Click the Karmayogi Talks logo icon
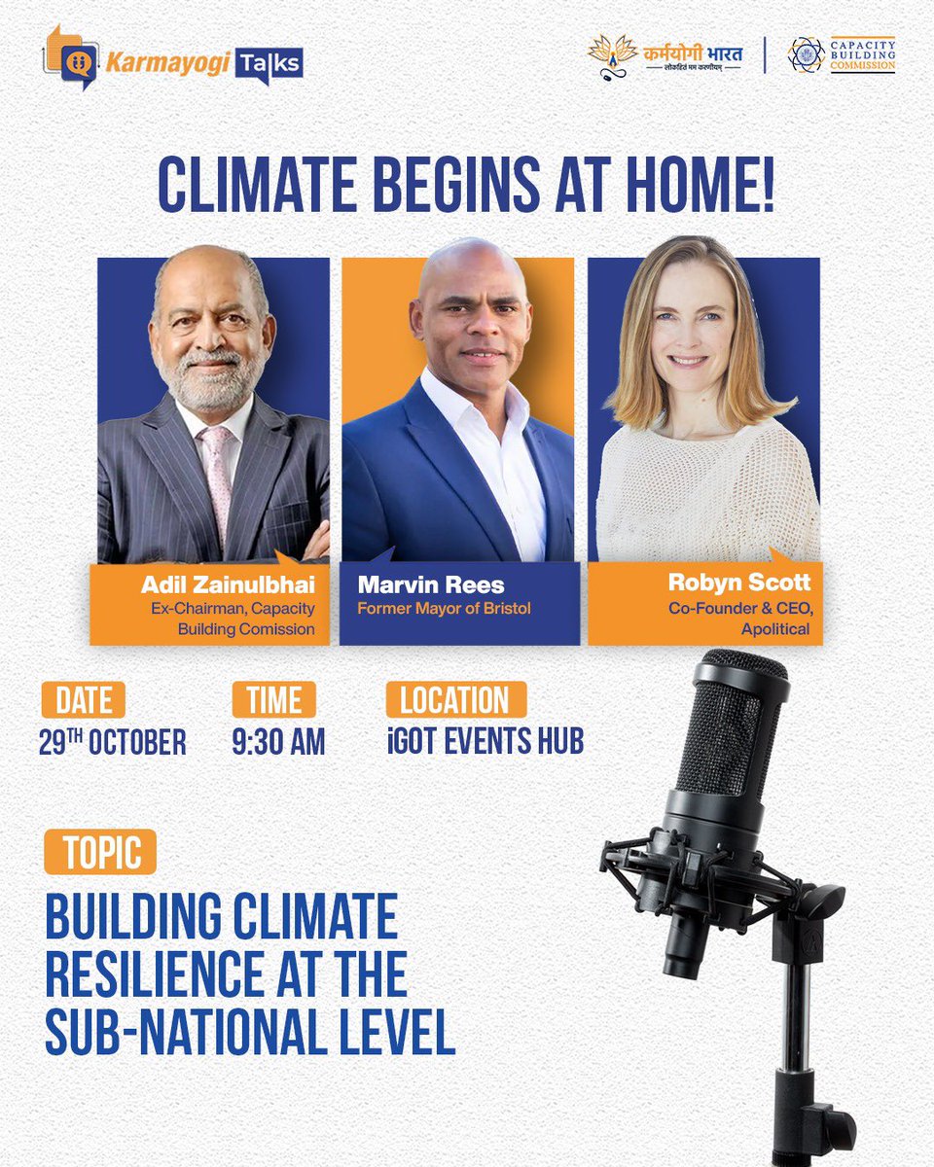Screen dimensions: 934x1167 72,57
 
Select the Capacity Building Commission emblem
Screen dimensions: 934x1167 806,54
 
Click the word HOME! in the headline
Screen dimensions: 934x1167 700,185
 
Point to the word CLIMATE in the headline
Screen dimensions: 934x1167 257,185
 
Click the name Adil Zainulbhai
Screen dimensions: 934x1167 228,584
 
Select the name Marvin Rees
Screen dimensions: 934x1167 431,584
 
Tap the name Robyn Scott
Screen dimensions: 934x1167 739,583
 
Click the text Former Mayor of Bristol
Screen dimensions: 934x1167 444,609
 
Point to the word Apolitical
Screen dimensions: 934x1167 775,629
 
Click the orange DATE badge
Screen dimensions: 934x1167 84,699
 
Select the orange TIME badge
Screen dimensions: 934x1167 274,699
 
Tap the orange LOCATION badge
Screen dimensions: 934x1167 456,699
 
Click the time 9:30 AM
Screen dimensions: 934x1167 278,741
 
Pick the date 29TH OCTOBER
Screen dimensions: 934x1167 112,741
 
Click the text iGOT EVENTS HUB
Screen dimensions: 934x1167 485,741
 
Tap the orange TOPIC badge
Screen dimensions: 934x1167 100,852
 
